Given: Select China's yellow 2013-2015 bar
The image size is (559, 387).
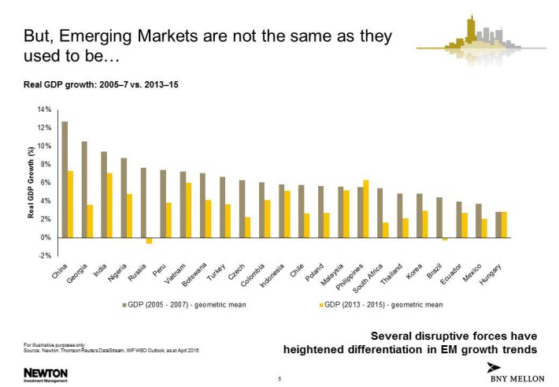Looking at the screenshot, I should coord(71,204).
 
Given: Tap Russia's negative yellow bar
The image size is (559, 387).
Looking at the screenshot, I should coord(149,240).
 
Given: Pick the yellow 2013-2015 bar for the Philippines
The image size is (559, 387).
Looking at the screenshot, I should coord(366,209).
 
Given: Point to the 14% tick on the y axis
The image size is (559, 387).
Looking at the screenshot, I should coord(45,110).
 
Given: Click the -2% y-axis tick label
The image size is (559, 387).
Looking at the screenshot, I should coord(45,255).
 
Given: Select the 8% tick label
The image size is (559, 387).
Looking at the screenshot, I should coord(46,164).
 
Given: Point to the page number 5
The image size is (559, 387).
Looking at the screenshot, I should coord(279,379).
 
